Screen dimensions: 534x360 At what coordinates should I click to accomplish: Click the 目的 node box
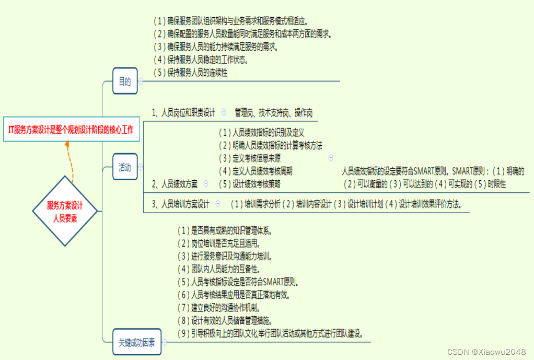(x=125, y=81)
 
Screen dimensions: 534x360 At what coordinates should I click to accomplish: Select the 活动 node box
(x=125, y=168)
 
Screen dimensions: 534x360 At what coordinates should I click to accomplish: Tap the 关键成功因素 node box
(x=136, y=343)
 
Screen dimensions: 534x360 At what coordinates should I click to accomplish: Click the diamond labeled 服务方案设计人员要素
(x=65, y=211)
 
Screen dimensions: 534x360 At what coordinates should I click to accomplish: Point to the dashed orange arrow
(x=71, y=162)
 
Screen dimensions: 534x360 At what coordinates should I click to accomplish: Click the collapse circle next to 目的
(x=140, y=81)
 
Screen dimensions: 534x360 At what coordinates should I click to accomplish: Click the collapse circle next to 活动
(x=140, y=168)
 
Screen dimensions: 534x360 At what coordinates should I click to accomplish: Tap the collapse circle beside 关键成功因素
(x=165, y=343)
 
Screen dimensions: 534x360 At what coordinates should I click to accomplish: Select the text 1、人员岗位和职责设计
(x=183, y=112)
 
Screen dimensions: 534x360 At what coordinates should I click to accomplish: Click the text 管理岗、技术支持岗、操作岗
(x=273, y=112)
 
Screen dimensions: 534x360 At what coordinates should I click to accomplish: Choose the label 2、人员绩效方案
(x=175, y=184)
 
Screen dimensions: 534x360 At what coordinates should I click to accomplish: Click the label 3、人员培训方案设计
(x=180, y=204)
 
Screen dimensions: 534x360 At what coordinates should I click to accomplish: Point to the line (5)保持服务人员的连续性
(x=191, y=73)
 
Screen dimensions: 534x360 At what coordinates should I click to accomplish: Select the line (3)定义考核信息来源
(x=250, y=158)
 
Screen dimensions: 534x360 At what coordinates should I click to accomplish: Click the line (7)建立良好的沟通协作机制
(x=219, y=308)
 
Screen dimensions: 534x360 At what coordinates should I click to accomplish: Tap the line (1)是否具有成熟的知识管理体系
(x=225, y=230)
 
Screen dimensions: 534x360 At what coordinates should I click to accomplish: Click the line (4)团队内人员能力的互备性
(x=219, y=269)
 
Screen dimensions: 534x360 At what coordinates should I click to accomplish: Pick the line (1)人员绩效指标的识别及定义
(x=261, y=133)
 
